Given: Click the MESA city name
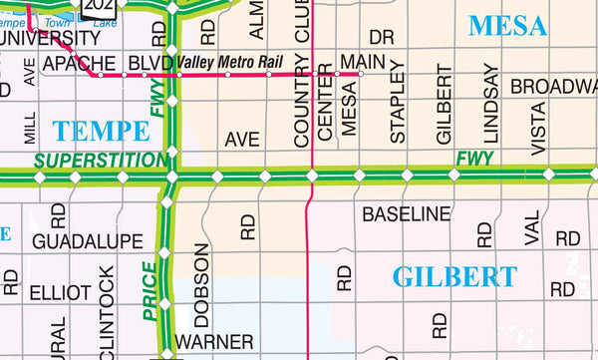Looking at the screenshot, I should (x=508, y=25).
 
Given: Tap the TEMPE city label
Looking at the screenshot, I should (x=103, y=129).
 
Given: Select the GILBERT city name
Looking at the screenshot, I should (x=455, y=276).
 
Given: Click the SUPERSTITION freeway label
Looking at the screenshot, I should (x=101, y=160).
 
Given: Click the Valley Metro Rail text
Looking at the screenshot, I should (x=225, y=62).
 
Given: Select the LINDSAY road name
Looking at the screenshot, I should (x=490, y=103).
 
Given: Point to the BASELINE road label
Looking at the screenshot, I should (x=407, y=213).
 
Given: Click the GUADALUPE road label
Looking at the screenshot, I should (x=88, y=241).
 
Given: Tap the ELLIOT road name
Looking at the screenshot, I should (x=60, y=293).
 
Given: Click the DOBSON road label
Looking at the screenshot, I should (x=201, y=285).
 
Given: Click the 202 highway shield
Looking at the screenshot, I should (x=101, y=6).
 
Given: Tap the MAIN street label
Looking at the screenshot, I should (x=362, y=62).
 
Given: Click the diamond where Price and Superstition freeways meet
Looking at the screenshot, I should (x=171, y=177).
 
